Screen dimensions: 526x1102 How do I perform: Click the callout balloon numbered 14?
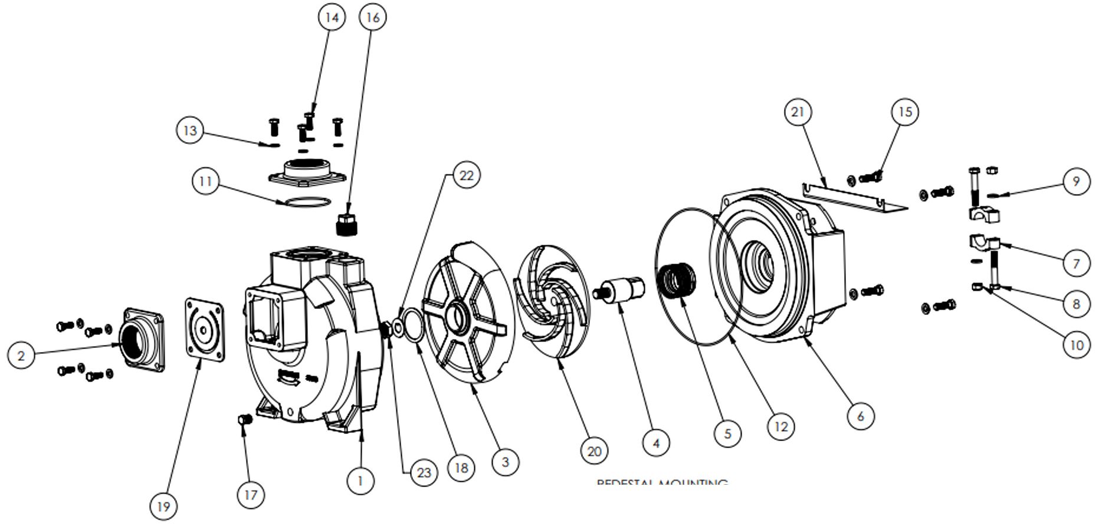coord(332,18)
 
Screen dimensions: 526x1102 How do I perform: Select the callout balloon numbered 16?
coord(373,18)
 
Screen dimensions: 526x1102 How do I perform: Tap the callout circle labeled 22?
coord(466,176)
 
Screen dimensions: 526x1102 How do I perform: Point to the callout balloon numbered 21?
coord(798,112)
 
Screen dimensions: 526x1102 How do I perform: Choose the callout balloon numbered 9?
coord(1076,182)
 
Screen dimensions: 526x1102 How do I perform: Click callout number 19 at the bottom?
coord(163,506)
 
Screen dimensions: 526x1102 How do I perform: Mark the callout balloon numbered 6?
coord(860,416)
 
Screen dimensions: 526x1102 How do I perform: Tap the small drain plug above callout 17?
coord(245,419)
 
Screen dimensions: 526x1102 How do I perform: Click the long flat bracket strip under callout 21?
coord(852,197)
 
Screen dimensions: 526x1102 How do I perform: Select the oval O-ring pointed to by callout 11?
coord(304,202)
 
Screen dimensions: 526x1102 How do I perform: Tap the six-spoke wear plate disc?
coord(466,313)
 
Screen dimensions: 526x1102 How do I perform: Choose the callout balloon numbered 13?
coord(190,130)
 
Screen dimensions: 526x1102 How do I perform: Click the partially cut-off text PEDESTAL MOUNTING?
coord(661,483)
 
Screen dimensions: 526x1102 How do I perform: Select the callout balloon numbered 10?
coord(1076,344)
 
